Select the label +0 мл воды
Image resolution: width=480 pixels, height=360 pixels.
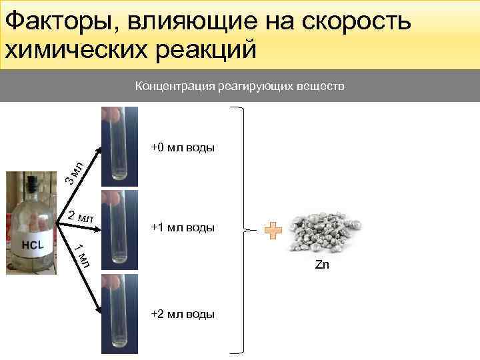click(x=183, y=147)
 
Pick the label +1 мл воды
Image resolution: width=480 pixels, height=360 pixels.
click(x=183, y=228)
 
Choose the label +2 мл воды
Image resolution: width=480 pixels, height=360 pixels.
click(x=183, y=314)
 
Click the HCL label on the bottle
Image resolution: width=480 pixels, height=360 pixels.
click(x=33, y=245)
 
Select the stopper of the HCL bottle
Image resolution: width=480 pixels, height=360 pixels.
click(x=31, y=182)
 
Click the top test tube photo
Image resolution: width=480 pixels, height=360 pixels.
click(x=119, y=146)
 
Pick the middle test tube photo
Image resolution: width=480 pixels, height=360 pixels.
click(x=119, y=228)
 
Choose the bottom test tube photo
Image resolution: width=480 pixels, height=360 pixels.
click(x=119, y=313)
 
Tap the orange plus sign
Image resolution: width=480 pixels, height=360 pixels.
click(x=273, y=231)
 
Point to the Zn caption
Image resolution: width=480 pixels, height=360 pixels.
click(x=322, y=265)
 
